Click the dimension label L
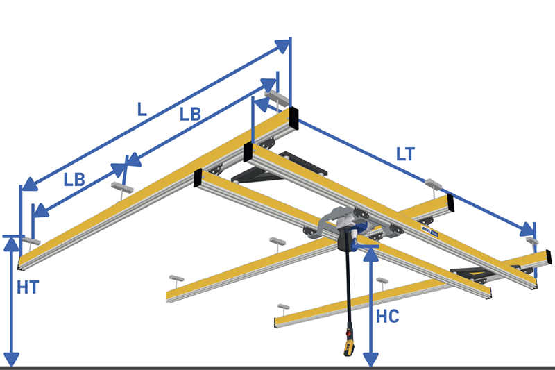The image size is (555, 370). (142, 110)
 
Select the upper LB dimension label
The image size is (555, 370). (190, 115)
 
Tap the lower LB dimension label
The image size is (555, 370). (74, 180)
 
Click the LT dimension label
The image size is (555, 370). (405, 154)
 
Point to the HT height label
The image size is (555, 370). (28, 287)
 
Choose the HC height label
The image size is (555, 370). (388, 316)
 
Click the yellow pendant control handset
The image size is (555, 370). (349, 344)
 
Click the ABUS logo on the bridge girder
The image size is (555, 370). (429, 231)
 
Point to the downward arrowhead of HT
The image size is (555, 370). (12, 360)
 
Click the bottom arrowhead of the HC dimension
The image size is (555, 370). (370, 360)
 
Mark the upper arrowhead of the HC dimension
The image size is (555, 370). (370, 255)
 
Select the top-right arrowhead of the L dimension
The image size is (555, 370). (282, 46)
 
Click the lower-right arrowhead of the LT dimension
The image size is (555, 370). (527, 230)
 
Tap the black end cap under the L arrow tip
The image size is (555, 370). (293, 118)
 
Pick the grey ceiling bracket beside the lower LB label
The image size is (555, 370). (122, 187)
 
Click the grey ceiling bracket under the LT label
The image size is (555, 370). (433, 184)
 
